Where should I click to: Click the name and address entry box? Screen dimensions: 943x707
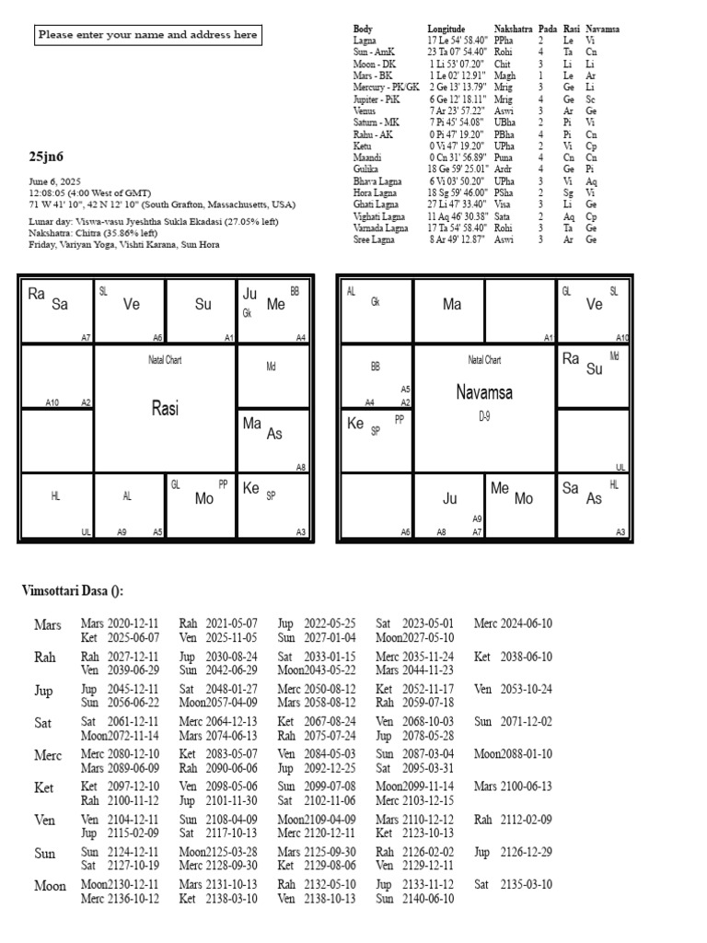[x=147, y=36]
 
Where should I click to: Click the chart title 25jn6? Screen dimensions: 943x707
[x=46, y=157]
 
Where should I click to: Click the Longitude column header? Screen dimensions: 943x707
[x=446, y=29]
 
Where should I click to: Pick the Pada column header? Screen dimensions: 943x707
[x=547, y=29]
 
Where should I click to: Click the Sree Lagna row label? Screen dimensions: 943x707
[x=375, y=239]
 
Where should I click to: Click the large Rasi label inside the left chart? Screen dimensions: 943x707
[x=166, y=408]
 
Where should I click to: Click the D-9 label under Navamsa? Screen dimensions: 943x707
[x=484, y=416]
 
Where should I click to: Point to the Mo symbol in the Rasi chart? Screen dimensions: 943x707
[x=205, y=498]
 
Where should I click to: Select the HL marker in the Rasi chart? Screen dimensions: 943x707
[x=55, y=495]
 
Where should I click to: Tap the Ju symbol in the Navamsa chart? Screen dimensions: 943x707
[x=450, y=498]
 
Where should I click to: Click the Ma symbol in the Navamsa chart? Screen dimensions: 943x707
[x=452, y=303]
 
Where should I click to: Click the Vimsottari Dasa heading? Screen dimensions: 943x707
[x=73, y=590]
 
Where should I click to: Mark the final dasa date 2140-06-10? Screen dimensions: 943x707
[x=430, y=899]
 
